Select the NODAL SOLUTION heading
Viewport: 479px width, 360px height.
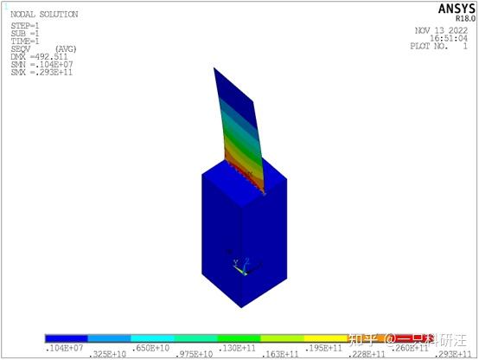43,15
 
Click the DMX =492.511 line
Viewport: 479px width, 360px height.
34,56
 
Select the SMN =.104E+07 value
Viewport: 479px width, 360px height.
36,64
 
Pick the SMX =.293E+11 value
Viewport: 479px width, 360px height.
36,72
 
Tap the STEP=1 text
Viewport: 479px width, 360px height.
24,26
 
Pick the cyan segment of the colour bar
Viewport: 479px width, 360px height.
152,339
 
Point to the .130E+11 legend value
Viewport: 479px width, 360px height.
236,347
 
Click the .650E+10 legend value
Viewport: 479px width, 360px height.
151,347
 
